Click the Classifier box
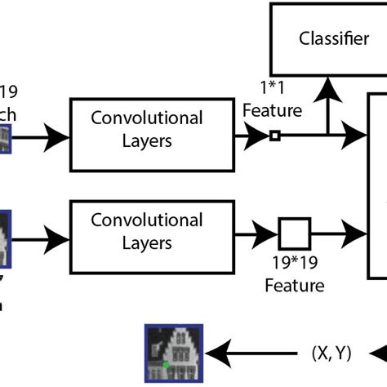[334, 39]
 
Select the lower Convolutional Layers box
[146, 231]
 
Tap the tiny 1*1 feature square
[275, 136]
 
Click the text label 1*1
[273, 86]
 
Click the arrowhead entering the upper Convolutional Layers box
[60, 136]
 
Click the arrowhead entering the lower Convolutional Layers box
[60, 239]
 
